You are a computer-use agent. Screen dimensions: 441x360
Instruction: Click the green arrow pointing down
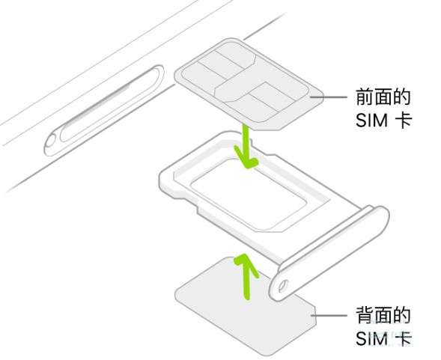coord(246,146)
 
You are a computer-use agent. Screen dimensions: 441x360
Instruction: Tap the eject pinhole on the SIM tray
coord(282,286)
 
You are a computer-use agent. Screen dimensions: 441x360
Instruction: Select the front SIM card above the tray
coord(249,85)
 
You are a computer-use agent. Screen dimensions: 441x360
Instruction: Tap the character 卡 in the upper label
coord(404,120)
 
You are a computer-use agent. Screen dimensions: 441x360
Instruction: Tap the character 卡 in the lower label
coord(404,338)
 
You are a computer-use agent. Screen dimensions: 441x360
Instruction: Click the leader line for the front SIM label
coord(329,97)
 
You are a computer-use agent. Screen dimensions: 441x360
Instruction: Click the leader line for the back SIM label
coord(329,316)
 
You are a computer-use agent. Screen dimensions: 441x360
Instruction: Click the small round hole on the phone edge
coord(51,141)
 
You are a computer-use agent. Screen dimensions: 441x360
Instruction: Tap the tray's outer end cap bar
coord(329,253)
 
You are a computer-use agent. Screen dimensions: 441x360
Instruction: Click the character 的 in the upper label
coord(401,97)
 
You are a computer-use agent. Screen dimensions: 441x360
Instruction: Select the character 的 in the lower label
coord(401,315)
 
